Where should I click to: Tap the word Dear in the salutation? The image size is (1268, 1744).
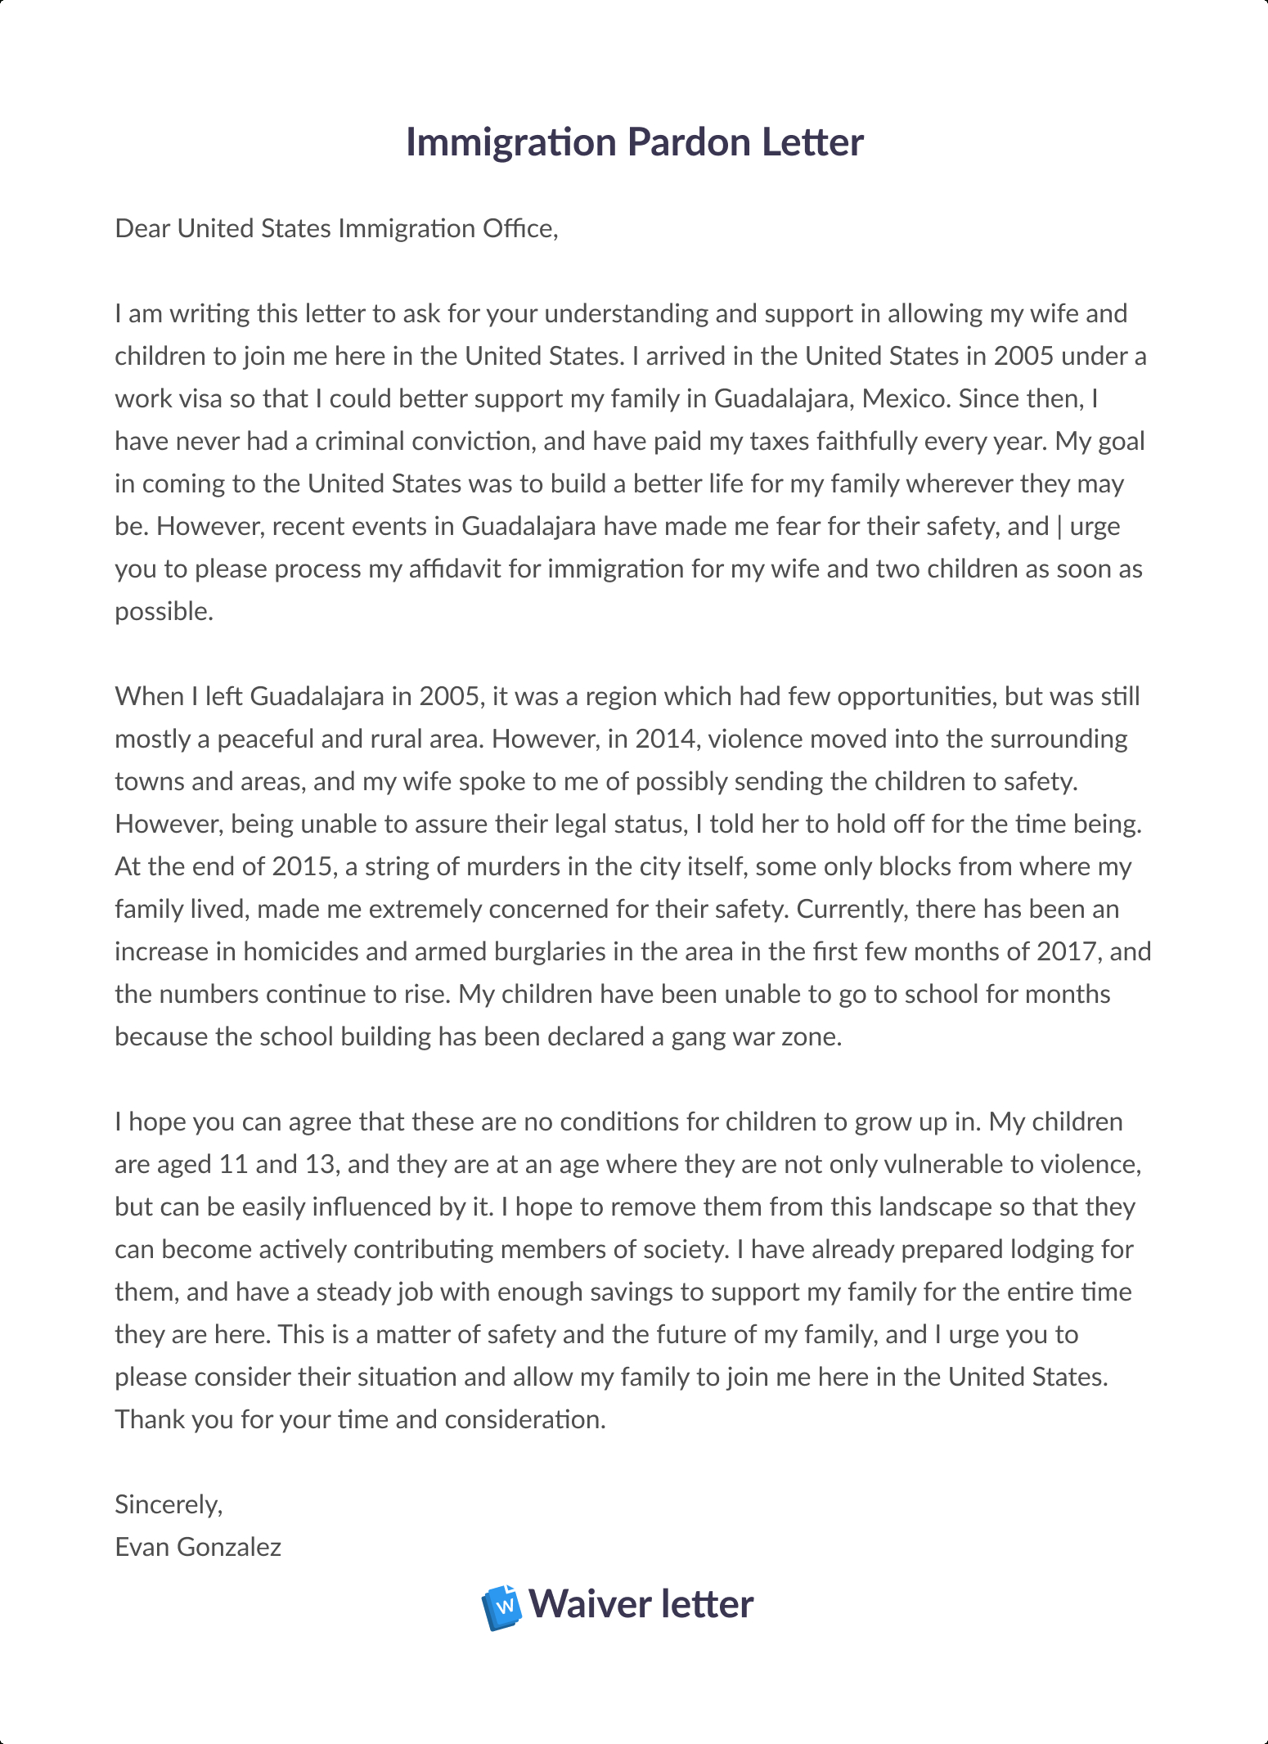tap(143, 228)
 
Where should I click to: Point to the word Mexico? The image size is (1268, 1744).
tap(906, 398)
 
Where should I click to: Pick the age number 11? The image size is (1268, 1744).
tap(233, 1164)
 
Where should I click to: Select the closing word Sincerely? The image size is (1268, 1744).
tap(168, 1504)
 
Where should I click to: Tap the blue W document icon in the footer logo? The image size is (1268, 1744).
tap(501, 1607)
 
